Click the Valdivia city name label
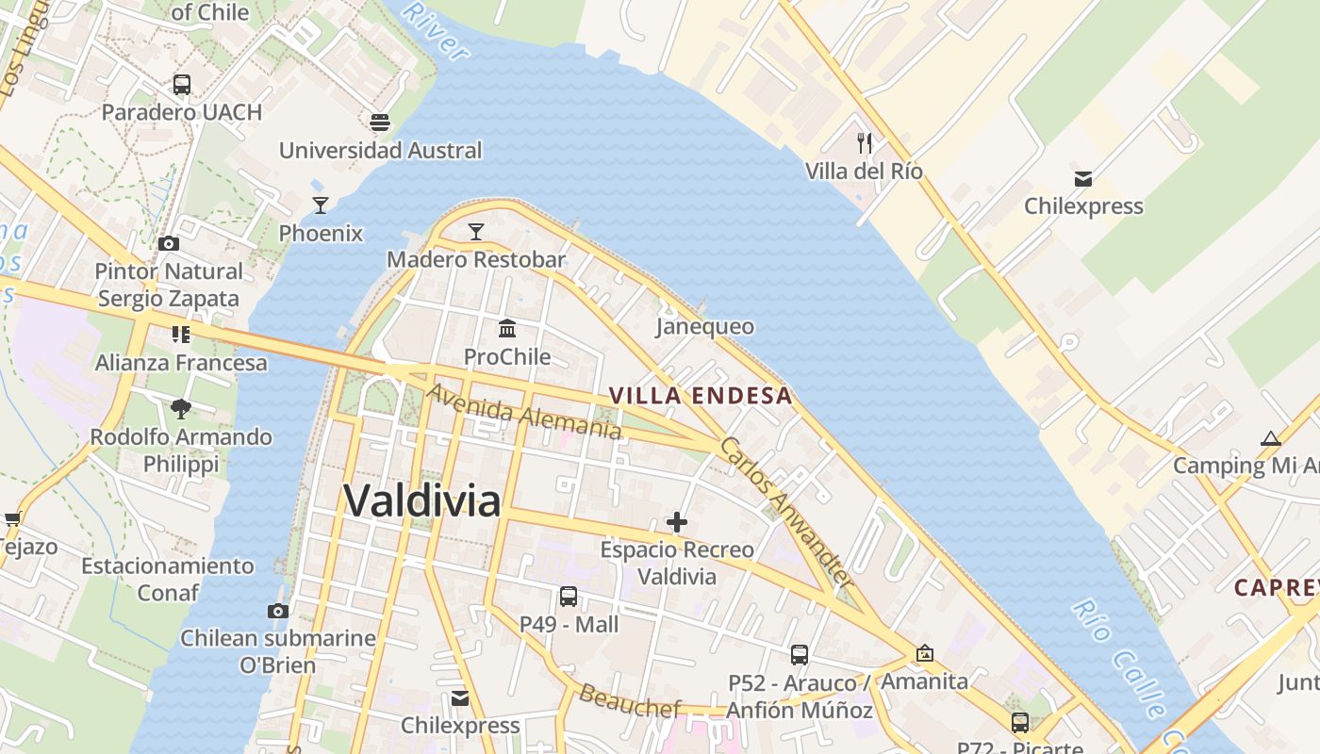click(421, 500)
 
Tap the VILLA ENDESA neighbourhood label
click(701, 396)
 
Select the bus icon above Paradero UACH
click(182, 84)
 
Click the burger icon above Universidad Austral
click(380, 122)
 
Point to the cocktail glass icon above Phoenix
click(321, 205)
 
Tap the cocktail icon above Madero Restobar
click(476, 231)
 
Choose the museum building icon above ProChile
click(507, 328)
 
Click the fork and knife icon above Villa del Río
click(865, 143)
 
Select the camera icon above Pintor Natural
click(169, 243)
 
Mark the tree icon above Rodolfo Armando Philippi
click(181, 409)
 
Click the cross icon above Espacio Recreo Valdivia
click(677, 521)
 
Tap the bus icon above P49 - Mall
click(569, 596)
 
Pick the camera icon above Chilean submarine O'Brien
click(277, 610)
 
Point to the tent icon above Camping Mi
click(1271, 437)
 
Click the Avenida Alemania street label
click(524, 411)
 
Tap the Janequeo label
click(705, 326)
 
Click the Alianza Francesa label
click(181, 363)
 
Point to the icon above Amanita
click(925, 653)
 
